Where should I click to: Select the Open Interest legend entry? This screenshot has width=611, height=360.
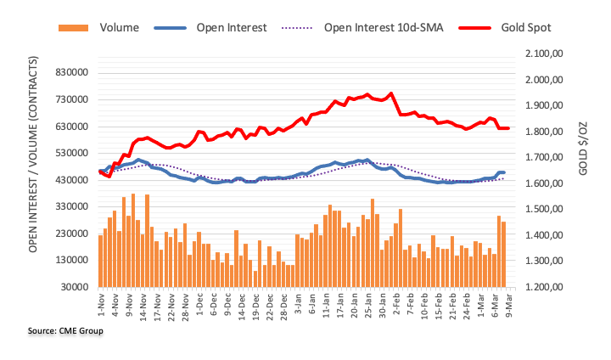(232, 27)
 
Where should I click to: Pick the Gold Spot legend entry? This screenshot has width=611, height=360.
(526, 27)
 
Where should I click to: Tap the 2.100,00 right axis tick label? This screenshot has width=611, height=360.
(542, 53)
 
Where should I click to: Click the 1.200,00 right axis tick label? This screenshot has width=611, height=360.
(542, 287)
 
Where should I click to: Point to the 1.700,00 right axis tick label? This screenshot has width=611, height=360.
(542, 158)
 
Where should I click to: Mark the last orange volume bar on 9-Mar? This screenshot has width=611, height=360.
(504, 254)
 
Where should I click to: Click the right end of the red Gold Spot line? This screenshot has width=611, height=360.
(507, 128)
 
